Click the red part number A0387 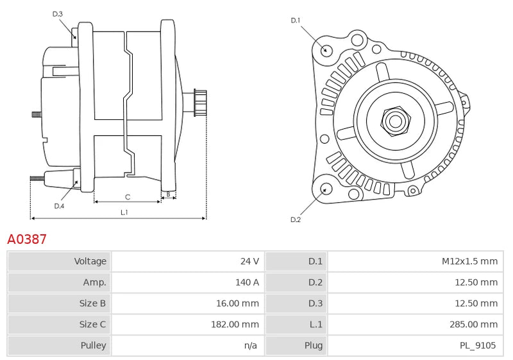(27, 239)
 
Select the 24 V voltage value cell (249, 261)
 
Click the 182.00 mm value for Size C (235, 324)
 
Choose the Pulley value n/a (250, 345)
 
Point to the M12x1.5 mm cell (469, 261)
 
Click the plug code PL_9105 (478, 345)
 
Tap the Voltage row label (90, 261)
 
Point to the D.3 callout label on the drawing (58, 13)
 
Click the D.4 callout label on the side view (59, 205)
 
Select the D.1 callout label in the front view (296, 21)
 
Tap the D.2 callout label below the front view (296, 219)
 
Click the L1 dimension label (124, 212)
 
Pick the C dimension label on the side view (128, 196)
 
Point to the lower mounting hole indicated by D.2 (326, 189)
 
